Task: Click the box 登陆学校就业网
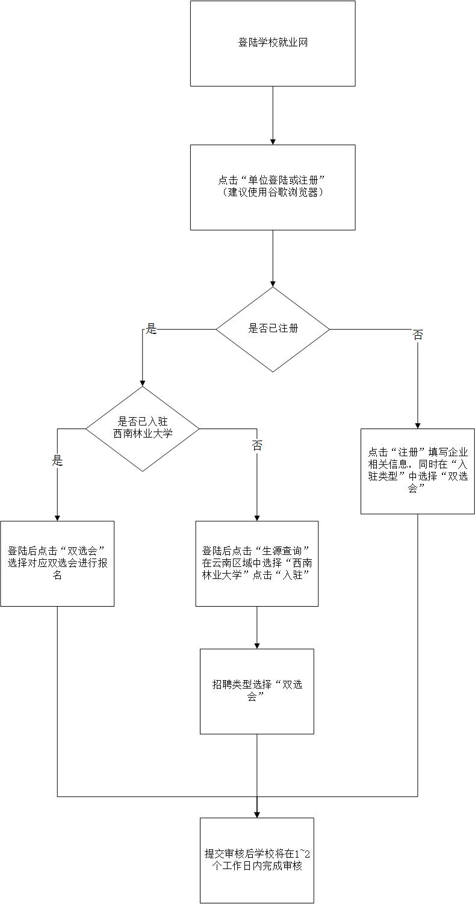pos(273,43)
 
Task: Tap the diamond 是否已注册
pos(273,329)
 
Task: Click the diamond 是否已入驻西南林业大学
pos(142,428)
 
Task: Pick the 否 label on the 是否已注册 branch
pos(417,335)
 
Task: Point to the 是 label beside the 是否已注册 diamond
pos(152,329)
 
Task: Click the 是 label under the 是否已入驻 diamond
pos(58,461)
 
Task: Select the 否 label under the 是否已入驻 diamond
pos(257,445)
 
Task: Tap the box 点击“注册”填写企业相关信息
pos(417,471)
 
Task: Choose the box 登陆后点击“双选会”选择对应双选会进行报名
pos(57,563)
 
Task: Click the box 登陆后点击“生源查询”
pos(257,563)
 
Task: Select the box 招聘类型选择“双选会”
pos(257,691)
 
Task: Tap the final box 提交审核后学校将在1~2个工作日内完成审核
pos(257,860)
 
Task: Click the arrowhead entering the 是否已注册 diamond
pos(273,283)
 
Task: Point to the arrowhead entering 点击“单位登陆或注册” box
pos(273,141)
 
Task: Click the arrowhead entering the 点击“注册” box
pos(417,424)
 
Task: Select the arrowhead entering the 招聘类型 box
pos(257,645)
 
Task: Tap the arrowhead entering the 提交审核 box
pos(257,814)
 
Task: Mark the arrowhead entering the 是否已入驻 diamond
pos(142,382)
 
